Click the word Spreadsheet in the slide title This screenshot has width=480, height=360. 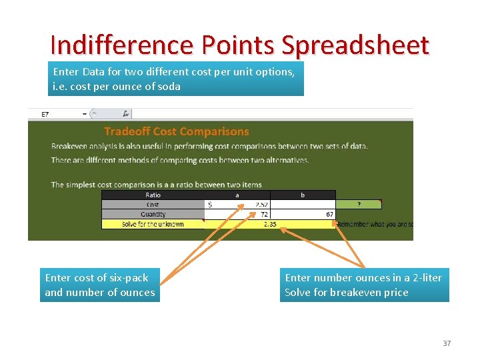coord(355,45)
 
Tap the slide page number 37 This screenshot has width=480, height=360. coord(447,343)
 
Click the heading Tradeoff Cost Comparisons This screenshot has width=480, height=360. coord(176,131)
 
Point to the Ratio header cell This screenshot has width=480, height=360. coord(153,195)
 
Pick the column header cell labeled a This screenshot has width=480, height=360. coord(237,195)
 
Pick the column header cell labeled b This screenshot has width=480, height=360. coord(303,195)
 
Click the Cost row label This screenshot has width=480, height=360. coord(153,205)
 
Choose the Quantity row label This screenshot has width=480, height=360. coord(153,214)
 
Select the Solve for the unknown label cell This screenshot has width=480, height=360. coord(153,224)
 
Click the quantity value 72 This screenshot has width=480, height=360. coord(263,214)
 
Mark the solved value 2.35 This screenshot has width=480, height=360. coord(270,224)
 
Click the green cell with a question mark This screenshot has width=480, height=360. coord(359,205)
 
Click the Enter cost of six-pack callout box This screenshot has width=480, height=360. coord(100,285)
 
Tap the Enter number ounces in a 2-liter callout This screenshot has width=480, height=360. coord(363,285)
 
